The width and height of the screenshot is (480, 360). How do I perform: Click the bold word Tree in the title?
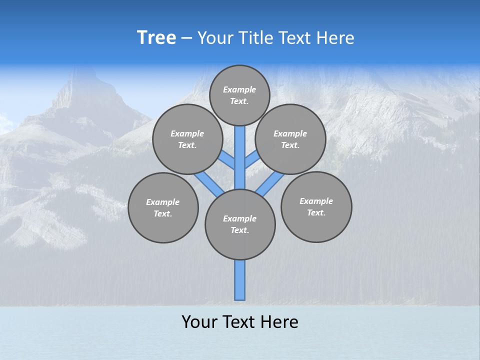tap(156, 38)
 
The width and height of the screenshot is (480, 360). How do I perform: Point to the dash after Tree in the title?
tap(186, 38)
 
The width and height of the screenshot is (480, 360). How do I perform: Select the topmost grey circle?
tap(239, 95)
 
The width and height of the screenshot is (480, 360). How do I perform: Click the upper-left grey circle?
tap(187, 139)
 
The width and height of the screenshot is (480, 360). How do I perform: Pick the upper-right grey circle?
tap(290, 139)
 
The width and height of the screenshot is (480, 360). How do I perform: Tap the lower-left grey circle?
tap(163, 207)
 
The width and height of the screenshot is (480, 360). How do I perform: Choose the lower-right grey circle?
tap(316, 206)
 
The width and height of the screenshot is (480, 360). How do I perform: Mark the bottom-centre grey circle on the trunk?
tap(240, 224)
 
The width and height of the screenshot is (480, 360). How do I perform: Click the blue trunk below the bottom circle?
tap(240, 280)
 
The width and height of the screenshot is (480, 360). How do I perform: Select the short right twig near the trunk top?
tap(252, 159)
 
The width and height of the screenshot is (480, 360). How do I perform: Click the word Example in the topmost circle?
tap(239, 89)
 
